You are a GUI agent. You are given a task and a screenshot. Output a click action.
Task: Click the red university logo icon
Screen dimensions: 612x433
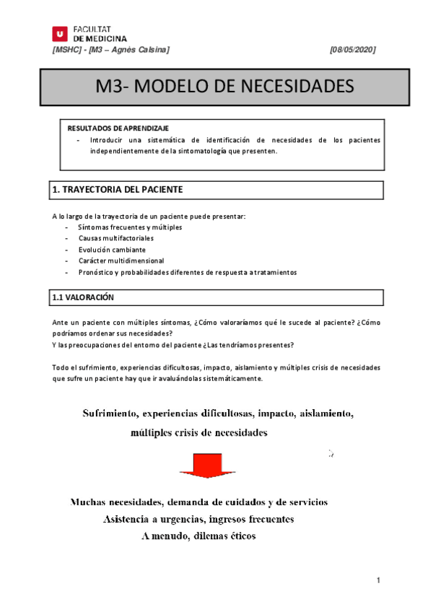tap(59, 33)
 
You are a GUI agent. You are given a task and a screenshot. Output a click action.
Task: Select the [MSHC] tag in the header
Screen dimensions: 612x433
tap(67, 49)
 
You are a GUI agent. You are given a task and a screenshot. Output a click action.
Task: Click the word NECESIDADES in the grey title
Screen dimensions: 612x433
tap(292, 87)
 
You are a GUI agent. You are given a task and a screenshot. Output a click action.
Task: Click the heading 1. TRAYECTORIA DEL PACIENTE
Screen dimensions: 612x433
tap(118, 190)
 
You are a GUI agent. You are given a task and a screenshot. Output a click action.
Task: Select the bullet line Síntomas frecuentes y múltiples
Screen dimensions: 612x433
tap(120, 227)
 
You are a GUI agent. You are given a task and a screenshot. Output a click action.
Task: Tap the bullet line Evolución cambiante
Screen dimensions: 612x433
tap(107, 249)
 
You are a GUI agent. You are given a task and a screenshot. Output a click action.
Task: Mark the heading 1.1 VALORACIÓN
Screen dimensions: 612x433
tap(83, 297)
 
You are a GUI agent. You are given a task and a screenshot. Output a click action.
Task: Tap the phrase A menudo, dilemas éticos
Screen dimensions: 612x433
tap(198, 536)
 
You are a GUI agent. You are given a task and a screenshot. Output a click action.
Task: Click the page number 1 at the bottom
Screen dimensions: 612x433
tap(377, 580)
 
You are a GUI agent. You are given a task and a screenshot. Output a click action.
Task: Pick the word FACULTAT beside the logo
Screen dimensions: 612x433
tap(91, 28)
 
